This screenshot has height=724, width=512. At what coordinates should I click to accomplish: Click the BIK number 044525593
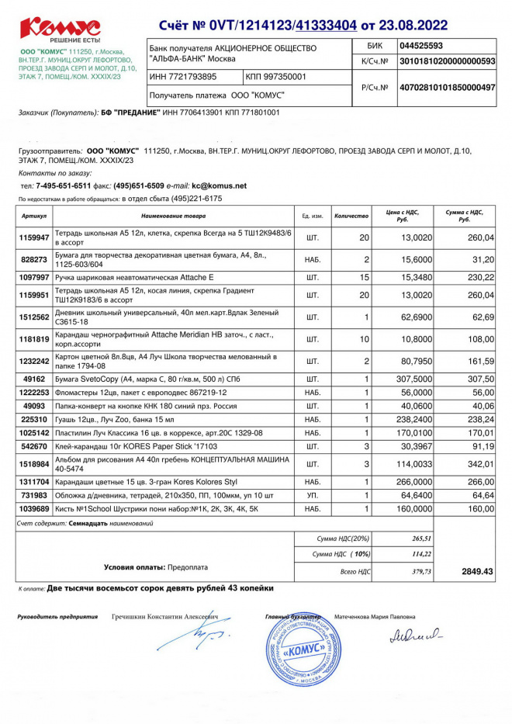(x=421, y=46)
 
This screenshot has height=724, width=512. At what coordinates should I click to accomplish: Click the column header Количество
(x=351, y=216)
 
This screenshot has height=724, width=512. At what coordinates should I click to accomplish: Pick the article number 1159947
(x=35, y=237)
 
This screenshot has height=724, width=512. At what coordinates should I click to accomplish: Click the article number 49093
(x=35, y=405)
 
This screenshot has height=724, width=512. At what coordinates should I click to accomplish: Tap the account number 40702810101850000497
(x=446, y=88)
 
